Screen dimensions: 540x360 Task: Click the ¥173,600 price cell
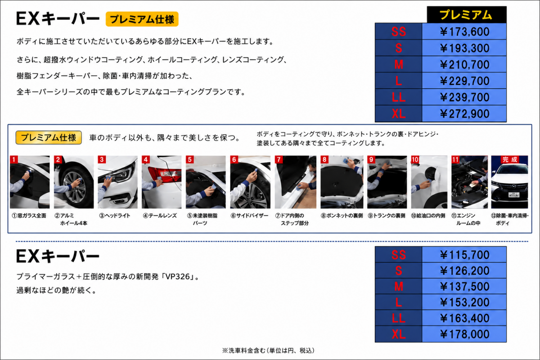[x=464, y=31]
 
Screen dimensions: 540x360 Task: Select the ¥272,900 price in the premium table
[x=464, y=113]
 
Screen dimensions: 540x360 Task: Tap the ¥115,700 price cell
[x=464, y=255]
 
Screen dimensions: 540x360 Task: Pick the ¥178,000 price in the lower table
[x=464, y=334]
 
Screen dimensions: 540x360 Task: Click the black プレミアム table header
[x=467, y=15]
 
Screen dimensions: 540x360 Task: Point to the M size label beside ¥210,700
[x=399, y=64]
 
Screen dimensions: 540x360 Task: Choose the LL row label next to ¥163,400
[x=399, y=318]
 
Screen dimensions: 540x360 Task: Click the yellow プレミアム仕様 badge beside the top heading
[x=142, y=19]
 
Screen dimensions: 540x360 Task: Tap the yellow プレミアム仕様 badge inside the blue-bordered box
[x=49, y=138]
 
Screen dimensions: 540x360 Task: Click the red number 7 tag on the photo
[x=279, y=159]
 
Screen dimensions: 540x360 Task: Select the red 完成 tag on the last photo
[x=509, y=159]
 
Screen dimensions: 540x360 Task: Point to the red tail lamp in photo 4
[x=164, y=174]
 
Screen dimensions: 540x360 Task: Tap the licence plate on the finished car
[x=514, y=195]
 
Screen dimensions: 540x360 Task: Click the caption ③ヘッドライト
[x=115, y=216]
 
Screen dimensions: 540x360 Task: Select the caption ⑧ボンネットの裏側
[x=342, y=216]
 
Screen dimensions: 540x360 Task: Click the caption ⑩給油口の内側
[x=428, y=216]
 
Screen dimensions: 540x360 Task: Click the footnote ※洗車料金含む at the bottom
[x=242, y=351]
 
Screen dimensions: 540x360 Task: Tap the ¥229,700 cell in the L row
[x=464, y=81]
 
